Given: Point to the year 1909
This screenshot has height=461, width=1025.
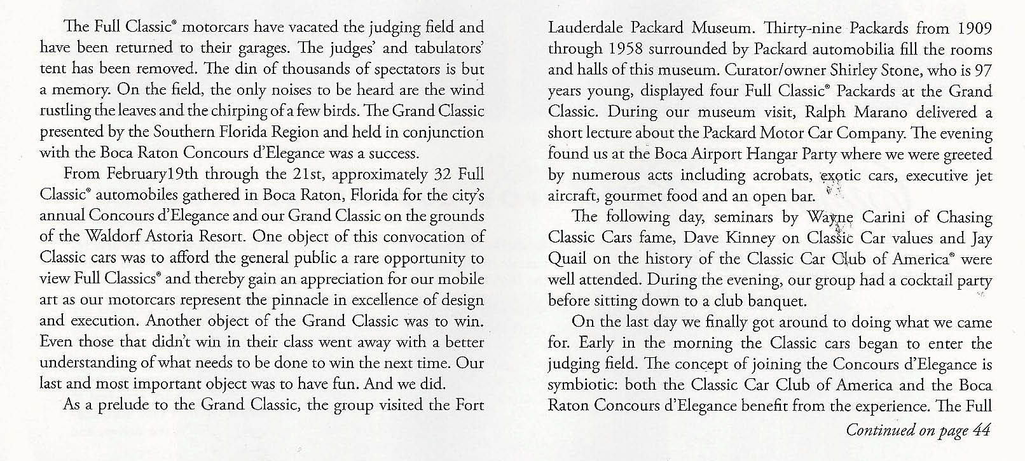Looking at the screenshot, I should point(970,28).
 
